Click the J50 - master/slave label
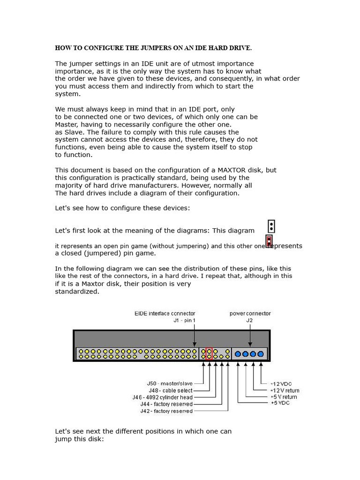click(x=170, y=383)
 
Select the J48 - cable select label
click(x=171, y=390)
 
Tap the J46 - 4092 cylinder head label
click(x=162, y=397)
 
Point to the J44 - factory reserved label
click(x=166, y=404)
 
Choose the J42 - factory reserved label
click(x=166, y=411)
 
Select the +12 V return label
click(x=285, y=390)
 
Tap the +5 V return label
click(x=284, y=397)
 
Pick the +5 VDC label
click(x=280, y=403)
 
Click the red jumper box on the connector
click(x=209, y=353)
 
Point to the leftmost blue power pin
click(x=238, y=354)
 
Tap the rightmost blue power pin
click(x=261, y=354)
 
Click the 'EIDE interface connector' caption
click(x=165, y=313)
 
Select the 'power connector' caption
click(x=250, y=313)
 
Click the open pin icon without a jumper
click(x=271, y=226)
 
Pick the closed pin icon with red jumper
click(x=269, y=241)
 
